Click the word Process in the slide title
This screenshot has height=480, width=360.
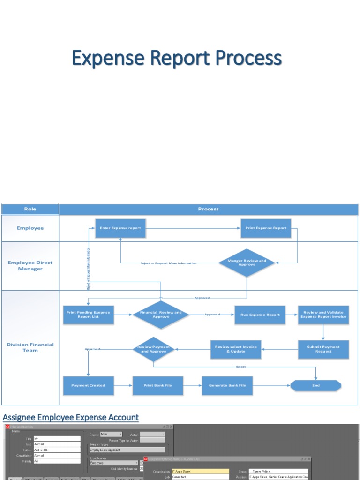[248, 59]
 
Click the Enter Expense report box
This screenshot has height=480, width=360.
[120, 228]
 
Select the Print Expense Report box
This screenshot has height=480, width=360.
[266, 228]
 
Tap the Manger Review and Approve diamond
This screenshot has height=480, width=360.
[247, 262]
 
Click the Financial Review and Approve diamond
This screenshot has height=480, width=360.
[161, 315]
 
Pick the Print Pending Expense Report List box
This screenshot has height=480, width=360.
[88, 315]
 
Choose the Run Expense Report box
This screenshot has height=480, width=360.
[260, 315]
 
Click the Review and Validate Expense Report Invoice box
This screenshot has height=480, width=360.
[323, 315]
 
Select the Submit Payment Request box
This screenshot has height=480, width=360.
[323, 349]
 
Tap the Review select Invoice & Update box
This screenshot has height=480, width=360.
[236, 349]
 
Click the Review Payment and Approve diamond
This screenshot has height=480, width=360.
[154, 349]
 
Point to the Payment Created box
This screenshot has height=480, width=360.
[88, 385]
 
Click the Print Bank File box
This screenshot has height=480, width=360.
[157, 385]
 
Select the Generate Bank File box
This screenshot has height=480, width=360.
[227, 385]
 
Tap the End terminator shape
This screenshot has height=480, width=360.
[316, 385]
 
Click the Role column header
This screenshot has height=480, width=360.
[30, 209]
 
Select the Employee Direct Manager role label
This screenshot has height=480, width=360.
[30, 266]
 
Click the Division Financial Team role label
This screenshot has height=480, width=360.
[30, 347]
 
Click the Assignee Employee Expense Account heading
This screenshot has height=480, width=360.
[71, 417]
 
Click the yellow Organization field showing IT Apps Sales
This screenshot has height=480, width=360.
[201, 471]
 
